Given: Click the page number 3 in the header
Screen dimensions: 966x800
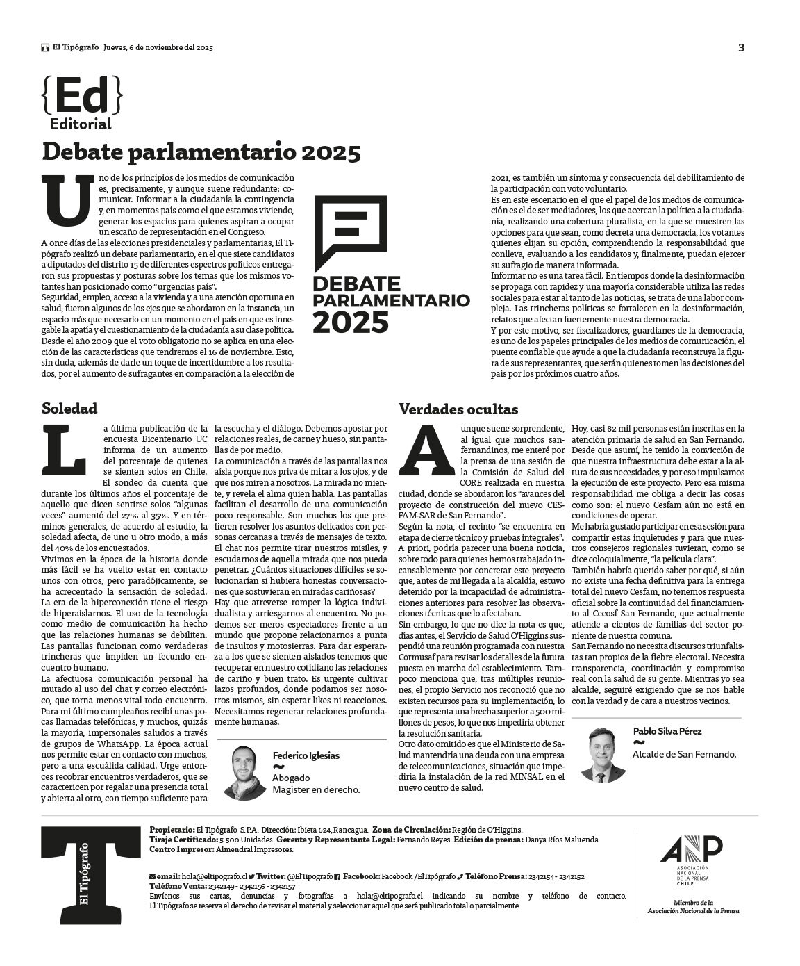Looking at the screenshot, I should tap(741, 48).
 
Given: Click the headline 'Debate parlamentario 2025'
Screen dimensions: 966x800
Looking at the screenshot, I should tap(201, 152).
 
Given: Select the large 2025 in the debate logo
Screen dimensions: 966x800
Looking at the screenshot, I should tap(350, 322).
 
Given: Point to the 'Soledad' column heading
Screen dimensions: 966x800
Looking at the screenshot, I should tap(69, 408).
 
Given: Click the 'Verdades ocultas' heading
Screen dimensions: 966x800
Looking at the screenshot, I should tap(458, 409).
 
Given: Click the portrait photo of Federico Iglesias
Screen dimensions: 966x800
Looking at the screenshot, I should tap(243, 772).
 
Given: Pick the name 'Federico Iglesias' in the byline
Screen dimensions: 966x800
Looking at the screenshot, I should tap(306, 755).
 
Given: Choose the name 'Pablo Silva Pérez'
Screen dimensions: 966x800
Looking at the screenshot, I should tap(667, 731).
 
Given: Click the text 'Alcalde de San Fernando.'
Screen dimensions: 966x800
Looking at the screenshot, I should tap(684, 754).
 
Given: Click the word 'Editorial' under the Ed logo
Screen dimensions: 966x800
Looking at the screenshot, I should tap(81, 124).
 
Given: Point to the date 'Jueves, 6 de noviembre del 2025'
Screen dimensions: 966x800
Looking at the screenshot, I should tap(158, 48).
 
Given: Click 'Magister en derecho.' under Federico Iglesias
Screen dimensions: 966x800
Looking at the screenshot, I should tap(316, 789).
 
